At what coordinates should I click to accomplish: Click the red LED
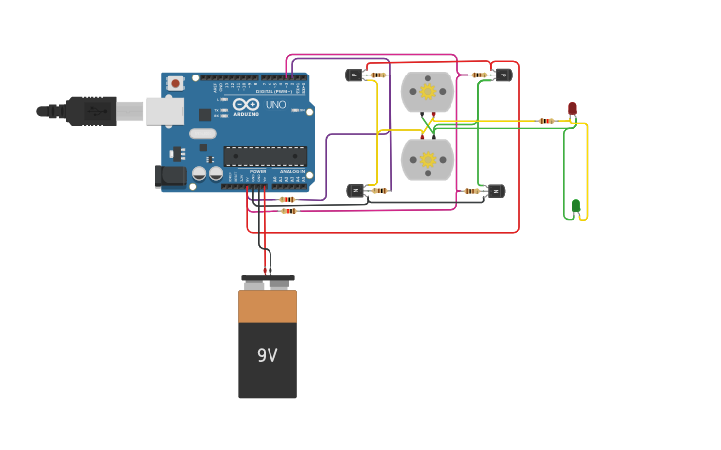[572, 108]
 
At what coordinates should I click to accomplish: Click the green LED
[575, 206]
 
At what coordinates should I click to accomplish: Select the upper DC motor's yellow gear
[428, 92]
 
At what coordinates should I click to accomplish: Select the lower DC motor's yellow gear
[428, 160]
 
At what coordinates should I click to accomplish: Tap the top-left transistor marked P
[354, 75]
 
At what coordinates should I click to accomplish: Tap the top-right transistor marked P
[503, 75]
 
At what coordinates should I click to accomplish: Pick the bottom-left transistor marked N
[355, 191]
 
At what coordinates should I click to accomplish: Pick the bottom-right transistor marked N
[495, 191]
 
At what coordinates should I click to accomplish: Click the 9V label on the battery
[267, 355]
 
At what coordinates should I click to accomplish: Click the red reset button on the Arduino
[175, 84]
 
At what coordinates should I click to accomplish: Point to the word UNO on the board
[275, 105]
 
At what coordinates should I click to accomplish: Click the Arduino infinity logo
[246, 104]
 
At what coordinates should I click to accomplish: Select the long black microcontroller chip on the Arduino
[265, 156]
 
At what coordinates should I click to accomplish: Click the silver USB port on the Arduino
[164, 111]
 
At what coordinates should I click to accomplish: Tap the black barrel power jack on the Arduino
[171, 176]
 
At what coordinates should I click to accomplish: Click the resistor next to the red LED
[546, 121]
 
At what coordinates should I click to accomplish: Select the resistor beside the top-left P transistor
[377, 75]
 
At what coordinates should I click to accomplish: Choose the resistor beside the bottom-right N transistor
[472, 191]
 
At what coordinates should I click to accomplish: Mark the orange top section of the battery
[267, 305]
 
